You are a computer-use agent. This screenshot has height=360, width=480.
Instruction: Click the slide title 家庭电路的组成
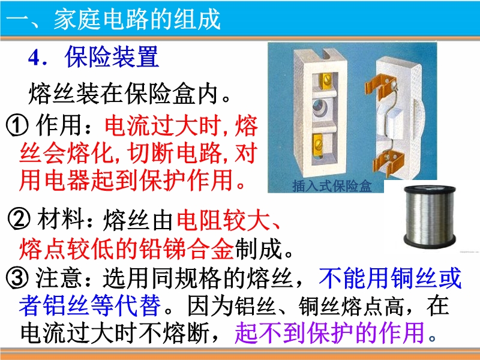click(x=137, y=19)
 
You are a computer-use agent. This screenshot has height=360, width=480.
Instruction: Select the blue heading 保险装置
click(x=112, y=56)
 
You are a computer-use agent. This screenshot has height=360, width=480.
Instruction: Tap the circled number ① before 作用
click(x=17, y=125)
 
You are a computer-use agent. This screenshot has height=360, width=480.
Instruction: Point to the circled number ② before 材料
click(x=19, y=219)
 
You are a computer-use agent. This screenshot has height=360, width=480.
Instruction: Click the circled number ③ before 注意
click(x=17, y=278)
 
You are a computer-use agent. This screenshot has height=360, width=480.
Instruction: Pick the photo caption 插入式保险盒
click(x=332, y=186)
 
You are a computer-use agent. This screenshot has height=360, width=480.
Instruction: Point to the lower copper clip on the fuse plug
click(x=387, y=163)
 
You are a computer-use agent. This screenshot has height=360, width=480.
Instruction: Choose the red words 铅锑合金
click(x=187, y=248)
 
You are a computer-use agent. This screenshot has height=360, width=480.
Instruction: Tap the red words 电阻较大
click(x=223, y=220)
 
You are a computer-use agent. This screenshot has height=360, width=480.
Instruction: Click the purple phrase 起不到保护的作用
click(x=331, y=332)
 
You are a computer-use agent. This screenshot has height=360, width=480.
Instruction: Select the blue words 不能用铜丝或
click(x=389, y=277)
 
